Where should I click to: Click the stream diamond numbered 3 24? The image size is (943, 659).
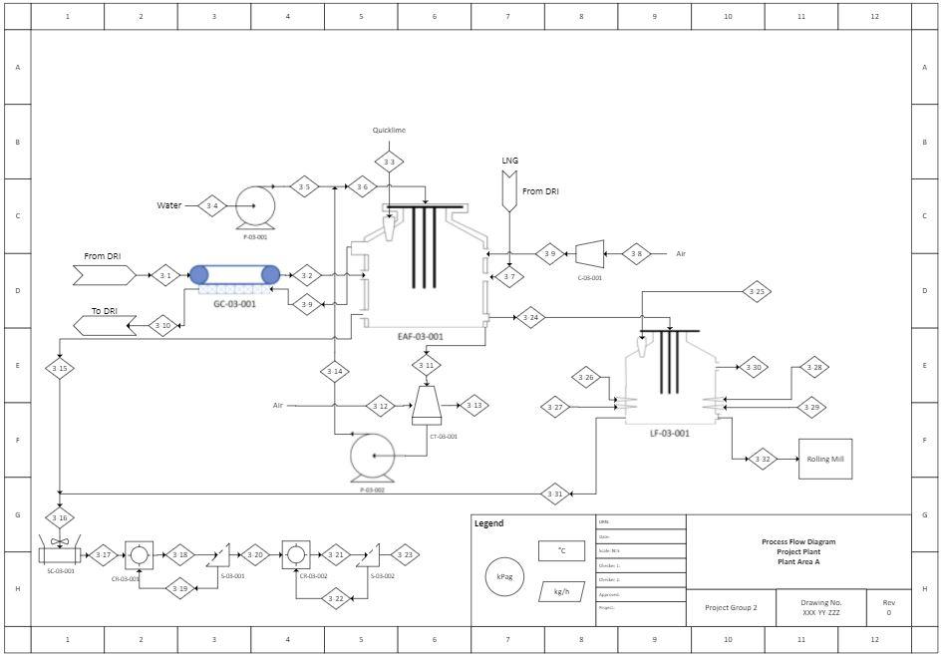530,318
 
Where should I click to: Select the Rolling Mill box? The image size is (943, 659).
825,459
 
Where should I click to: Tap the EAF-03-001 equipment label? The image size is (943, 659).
420,337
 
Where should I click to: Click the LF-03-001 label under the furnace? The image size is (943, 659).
670,434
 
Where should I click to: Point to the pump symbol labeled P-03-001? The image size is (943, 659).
255,207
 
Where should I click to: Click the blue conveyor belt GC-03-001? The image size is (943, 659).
235,275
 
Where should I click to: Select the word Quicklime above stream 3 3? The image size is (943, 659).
389,131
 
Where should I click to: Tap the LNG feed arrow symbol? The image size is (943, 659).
509,190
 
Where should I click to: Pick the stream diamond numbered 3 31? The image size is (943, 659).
556,494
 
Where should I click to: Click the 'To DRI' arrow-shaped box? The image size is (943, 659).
105,325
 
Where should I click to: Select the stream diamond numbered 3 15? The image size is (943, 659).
60,369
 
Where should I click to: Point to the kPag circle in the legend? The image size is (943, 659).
504,575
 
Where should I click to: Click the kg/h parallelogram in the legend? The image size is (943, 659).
561,591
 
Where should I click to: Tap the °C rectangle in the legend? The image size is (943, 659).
561,550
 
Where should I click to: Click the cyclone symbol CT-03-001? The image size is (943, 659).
427,405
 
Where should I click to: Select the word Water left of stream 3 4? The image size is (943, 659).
168,205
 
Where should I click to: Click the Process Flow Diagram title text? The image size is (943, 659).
797,542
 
